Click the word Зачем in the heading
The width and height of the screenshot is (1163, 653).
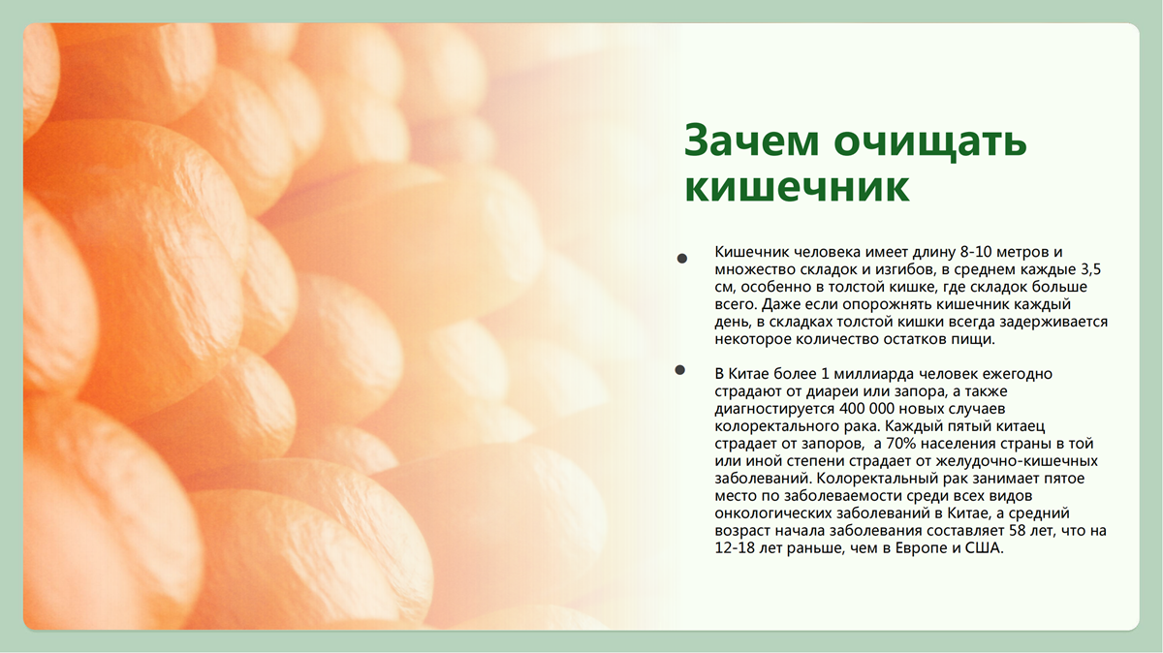click(x=751, y=140)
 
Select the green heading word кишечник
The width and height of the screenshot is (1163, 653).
click(x=797, y=188)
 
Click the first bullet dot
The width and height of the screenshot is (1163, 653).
click(x=682, y=259)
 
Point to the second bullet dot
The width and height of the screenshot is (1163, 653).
click(x=680, y=369)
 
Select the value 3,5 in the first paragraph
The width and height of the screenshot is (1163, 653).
click(x=1091, y=269)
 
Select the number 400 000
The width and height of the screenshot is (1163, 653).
click(x=864, y=409)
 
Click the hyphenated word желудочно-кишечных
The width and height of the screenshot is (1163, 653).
click(x=1017, y=461)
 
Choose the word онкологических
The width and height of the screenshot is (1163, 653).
click(x=773, y=513)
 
